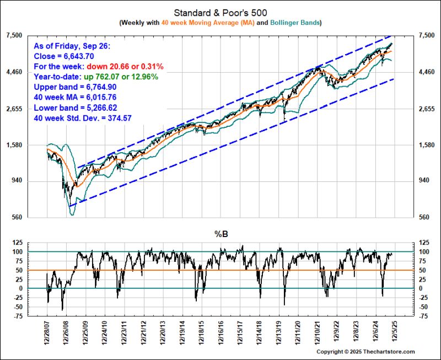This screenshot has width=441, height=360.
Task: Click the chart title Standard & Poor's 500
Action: pos(220,12)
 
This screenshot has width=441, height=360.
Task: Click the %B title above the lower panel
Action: pos(220,234)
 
